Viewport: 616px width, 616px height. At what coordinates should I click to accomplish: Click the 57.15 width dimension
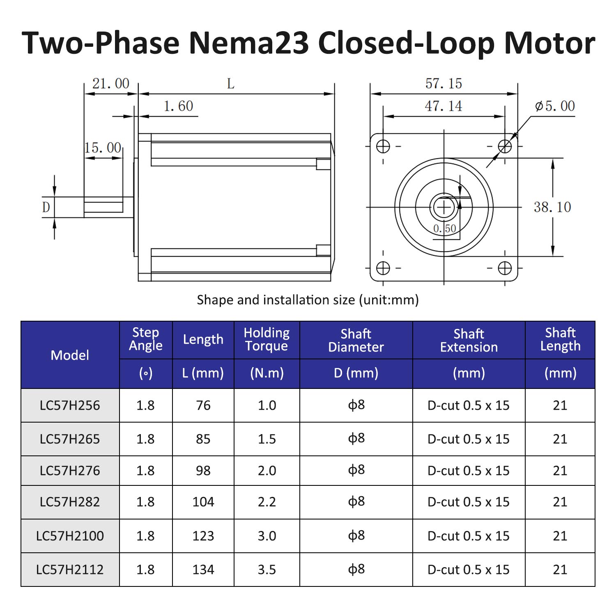coord(444,84)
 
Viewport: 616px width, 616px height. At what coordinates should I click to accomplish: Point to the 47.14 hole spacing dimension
coord(444,106)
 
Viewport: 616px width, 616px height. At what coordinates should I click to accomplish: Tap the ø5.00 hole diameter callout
coord(555,106)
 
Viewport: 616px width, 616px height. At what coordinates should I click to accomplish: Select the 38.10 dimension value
coord(552,207)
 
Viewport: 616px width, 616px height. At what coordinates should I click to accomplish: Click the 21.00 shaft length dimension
coord(110,84)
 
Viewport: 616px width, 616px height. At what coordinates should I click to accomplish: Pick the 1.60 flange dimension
coord(178,106)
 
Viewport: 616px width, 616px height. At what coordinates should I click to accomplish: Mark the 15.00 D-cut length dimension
coord(103,148)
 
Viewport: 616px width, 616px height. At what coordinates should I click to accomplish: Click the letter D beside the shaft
coord(46,207)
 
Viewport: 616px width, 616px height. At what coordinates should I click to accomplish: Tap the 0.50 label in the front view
coord(445,229)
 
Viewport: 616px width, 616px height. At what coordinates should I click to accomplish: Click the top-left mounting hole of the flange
coord(383,146)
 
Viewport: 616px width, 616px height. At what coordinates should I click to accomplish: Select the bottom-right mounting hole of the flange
coord(505,268)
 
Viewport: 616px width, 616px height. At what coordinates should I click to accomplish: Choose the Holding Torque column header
coord(267,339)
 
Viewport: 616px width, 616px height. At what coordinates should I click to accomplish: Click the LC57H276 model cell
coord(70,471)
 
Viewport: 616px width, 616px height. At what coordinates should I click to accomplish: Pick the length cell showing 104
coord(203,502)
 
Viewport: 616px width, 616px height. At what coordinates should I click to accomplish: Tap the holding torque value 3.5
coord(267,570)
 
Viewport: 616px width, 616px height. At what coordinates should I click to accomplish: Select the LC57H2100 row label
coord(70,536)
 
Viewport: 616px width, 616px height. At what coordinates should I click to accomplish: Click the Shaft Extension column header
coord(469,340)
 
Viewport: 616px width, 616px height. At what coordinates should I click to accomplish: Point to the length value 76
coord(203,405)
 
